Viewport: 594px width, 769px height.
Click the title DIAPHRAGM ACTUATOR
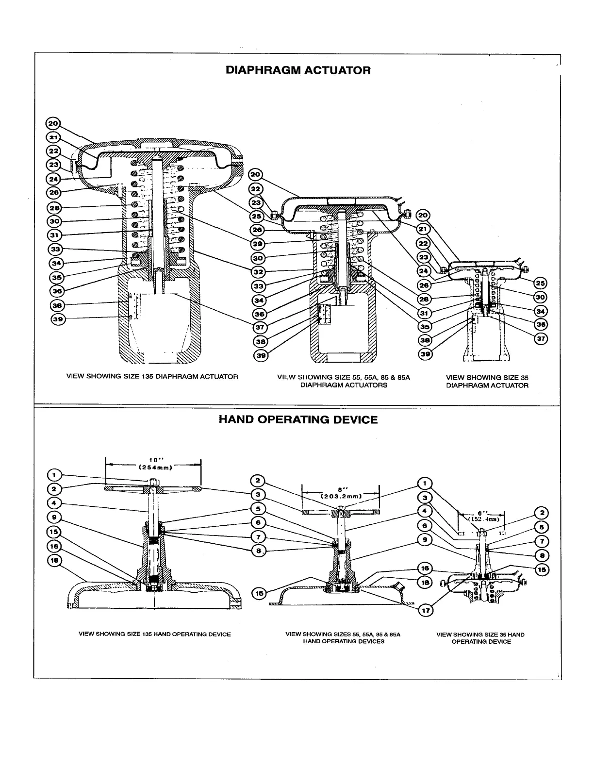[298, 70]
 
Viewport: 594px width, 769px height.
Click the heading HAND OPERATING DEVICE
[298, 419]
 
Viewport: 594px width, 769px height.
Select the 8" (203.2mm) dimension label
[340, 493]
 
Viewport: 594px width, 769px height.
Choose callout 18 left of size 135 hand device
[54, 561]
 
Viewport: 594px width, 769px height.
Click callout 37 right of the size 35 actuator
[541, 339]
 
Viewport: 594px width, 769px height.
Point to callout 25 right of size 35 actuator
[541, 283]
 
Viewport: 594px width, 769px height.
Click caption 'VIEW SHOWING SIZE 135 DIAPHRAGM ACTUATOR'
[152, 376]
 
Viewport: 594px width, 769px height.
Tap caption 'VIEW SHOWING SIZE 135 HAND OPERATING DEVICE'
[155, 634]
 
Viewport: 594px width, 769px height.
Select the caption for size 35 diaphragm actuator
[487, 381]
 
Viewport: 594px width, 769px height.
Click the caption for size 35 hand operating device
[480, 638]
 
